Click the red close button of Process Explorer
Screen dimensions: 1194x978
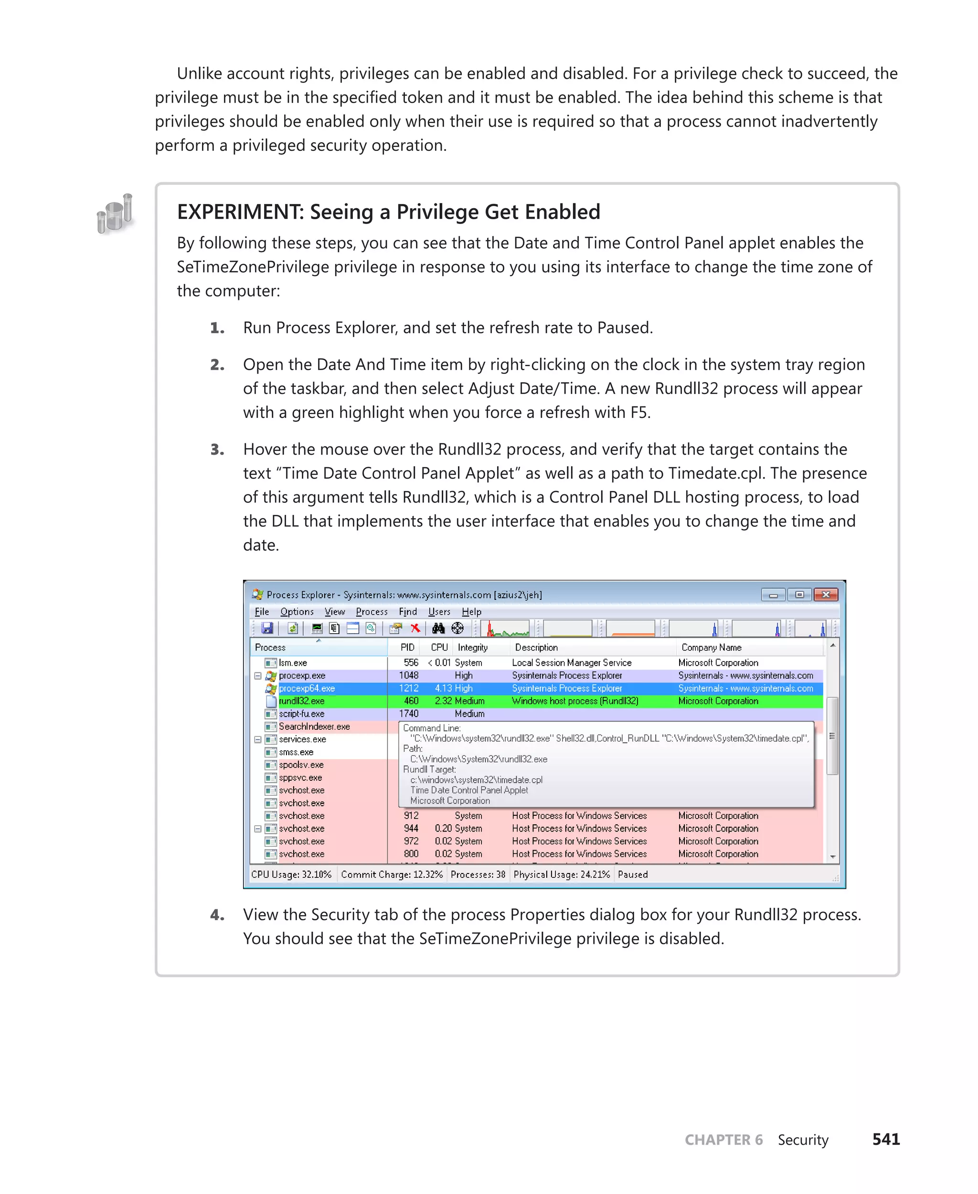tap(825, 595)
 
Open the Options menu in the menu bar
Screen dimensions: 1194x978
tap(297, 612)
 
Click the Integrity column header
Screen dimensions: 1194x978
tap(473, 648)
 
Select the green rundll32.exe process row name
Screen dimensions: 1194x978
tap(301, 701)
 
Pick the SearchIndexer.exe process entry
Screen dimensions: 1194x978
tap(314, 726)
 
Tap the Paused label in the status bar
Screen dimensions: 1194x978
tap(633, 874)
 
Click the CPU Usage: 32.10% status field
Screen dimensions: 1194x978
tap(291, 874)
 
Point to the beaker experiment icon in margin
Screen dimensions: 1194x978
tap(116, 213)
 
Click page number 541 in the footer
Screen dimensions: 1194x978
tap(886, 1140)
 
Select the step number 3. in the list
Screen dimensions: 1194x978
tap(217, 449)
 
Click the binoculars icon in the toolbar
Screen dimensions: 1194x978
tap(438, 628)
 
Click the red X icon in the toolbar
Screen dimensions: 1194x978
tap(415, 628)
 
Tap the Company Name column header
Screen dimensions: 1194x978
tap(711, 648)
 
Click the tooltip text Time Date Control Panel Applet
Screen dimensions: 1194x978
tap(469, 790)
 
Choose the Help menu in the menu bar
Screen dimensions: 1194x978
tap(471, 612)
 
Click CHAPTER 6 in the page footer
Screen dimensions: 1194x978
tap(723, 1140)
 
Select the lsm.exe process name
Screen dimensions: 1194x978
tap(293, 662)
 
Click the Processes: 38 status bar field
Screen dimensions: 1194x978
tap(478, 874)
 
